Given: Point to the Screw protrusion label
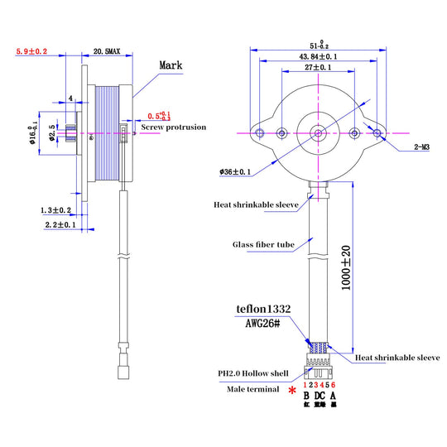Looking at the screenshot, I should click(x=174, y=127).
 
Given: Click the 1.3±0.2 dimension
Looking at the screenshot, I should click(x=56, y=210).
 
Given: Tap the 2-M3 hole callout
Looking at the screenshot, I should click(x=423, y=147).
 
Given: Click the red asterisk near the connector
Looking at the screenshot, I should click(x=292, y=391).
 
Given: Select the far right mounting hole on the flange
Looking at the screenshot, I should click(x=378, y=132).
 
